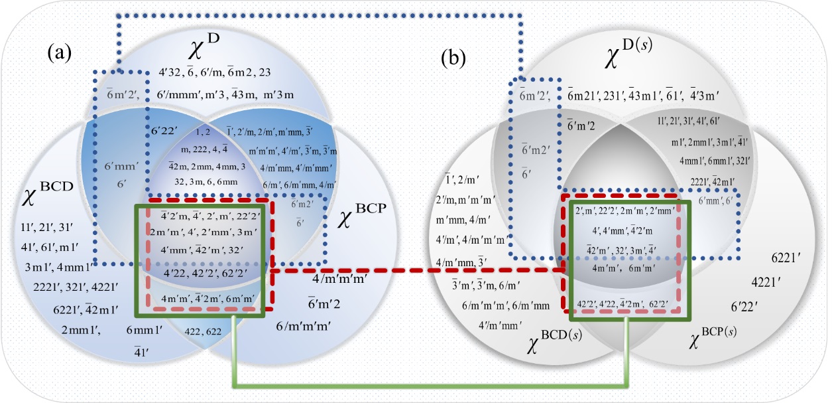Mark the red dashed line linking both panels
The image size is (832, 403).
click(418, 271)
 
